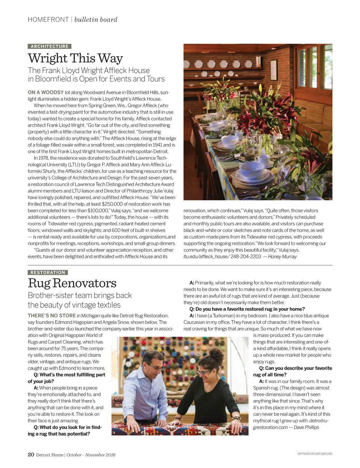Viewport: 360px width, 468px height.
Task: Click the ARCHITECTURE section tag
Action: (50, 46)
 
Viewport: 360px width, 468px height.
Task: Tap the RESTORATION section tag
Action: (48, 272)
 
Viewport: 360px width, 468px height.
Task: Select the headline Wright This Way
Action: (75, 58)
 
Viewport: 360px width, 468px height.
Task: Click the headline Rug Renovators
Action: (72, 283)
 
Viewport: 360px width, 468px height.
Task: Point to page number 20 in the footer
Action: (31, 454)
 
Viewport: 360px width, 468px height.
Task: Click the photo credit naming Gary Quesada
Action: (314, 454)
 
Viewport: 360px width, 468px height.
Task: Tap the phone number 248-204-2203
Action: (246, 257)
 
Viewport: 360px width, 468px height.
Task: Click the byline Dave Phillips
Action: (306, 427)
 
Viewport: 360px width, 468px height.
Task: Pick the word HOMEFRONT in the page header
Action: (48, 20)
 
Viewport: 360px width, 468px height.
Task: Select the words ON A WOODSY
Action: (46, 93)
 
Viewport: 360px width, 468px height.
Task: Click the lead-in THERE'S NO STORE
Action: (52, 316)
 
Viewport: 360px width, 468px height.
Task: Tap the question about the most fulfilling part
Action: (67, 378)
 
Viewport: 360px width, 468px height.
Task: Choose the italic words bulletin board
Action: (96, 20)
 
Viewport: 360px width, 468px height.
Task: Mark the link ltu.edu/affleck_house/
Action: (206, 257)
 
